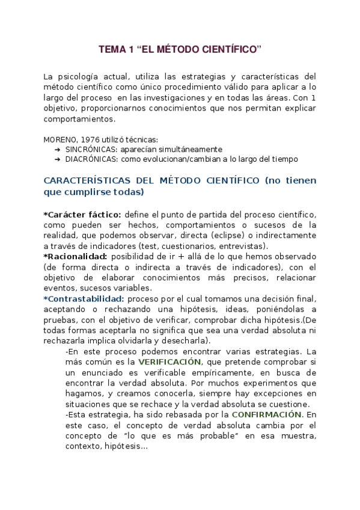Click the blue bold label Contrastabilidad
pyautogui.click(x=85, y=299)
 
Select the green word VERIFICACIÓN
pyautogui.click(x=170, y=362)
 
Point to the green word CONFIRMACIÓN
pyautogui.click(x=266, y=414)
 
